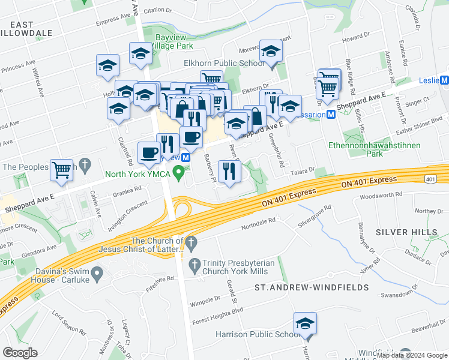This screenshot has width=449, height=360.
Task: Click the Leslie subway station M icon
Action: pos(444,80)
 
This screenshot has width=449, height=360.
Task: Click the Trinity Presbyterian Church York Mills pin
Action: pos(194,264)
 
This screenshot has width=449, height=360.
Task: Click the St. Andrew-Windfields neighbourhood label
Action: pos(312,287)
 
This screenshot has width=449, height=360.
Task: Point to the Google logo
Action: pos(20,353)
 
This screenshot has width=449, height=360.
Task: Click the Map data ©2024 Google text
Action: pos(411,355)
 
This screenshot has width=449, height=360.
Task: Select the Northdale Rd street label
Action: pos(258,221)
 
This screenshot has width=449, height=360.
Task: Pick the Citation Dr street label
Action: pos(157,10)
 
